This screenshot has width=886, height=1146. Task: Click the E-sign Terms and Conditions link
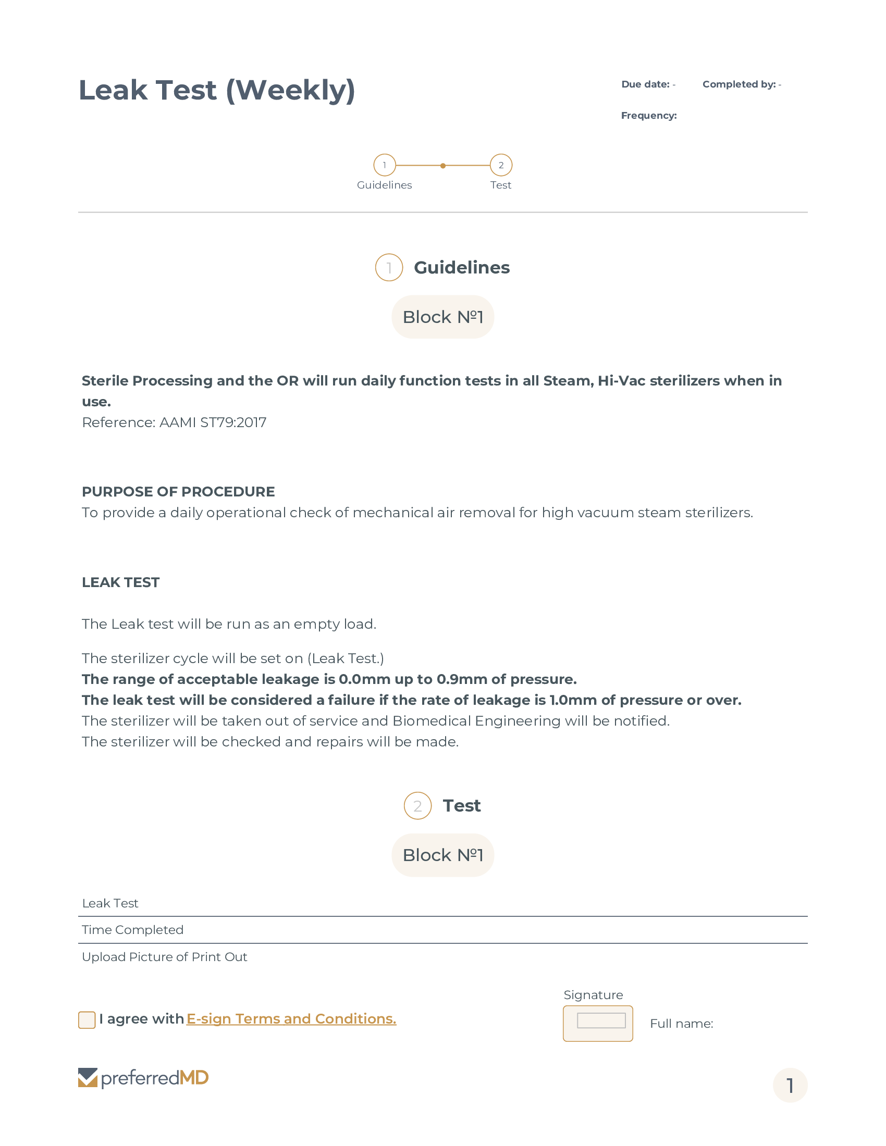(291, 1019)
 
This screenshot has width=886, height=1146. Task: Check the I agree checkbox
(87, 1020)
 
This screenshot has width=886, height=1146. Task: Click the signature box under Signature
(598, 1023)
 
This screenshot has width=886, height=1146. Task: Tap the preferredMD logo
(143, 1078)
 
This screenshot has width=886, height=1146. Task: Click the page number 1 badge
(790, 1085)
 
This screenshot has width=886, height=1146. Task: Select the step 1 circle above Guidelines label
(384, 165)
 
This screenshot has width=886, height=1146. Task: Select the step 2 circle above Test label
(501, 165)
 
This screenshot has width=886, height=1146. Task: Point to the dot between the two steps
(443, 166)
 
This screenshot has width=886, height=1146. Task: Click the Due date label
(645, 84)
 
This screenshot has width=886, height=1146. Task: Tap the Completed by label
(739, 84)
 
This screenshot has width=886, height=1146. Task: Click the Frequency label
(649, 116)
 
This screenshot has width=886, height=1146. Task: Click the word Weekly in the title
(291, 90)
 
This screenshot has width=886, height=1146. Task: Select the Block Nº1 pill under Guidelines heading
(442, 317)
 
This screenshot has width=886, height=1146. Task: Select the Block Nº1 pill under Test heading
(442, 855)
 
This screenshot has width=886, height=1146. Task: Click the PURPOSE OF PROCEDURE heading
(178, 492)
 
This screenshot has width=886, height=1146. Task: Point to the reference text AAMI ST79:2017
(213, 422)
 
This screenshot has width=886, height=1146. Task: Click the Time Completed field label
(133, 930)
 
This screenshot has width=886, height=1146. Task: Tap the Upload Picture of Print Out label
(164, 957)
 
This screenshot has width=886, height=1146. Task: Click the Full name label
(681, 1024)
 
